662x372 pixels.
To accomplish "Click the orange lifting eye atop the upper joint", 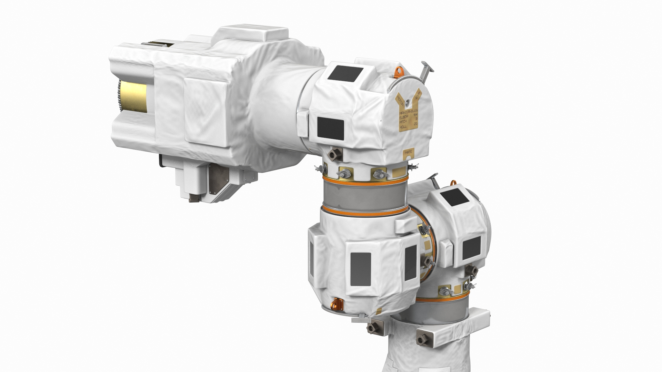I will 399,72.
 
